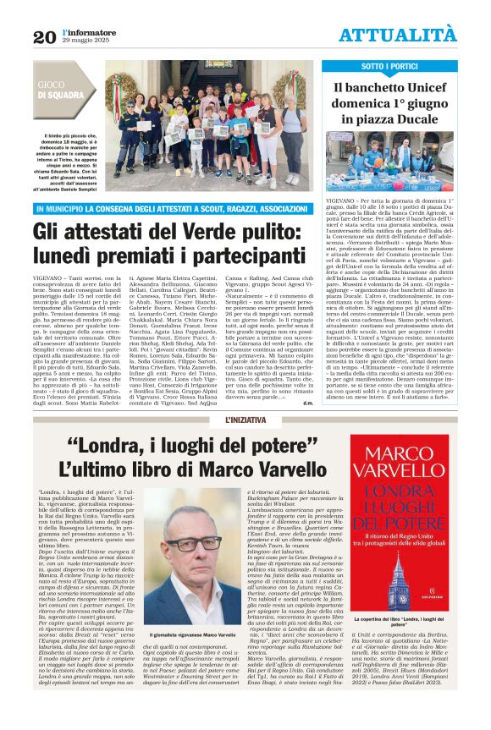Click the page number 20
click(x=44, y=36)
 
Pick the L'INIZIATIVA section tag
click(x=245, y=420)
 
